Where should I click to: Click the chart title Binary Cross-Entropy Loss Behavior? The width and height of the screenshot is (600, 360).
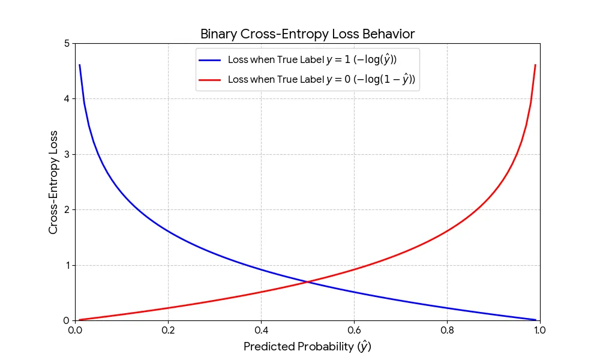point(307,34)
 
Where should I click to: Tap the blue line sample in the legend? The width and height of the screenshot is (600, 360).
point(211,60)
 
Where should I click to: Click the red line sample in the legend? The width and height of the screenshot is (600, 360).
point(211,79)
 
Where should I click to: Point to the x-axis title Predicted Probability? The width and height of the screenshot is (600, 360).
point(307,347)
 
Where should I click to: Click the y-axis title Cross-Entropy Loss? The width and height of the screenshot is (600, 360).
point(53,182)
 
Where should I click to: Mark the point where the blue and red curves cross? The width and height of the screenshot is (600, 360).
point(307,282)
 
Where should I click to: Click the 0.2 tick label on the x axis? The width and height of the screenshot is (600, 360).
point(168,330)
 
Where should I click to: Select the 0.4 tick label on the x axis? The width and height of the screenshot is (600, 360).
point(261,330)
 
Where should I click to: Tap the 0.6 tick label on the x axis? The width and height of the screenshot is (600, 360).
point(354,330)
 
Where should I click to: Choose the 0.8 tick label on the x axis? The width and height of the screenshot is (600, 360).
point(447,330)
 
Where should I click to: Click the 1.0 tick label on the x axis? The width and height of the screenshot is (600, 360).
point(539,330)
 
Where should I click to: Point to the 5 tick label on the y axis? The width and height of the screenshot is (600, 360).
point(66,44)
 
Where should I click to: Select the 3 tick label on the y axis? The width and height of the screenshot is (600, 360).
point(66,155)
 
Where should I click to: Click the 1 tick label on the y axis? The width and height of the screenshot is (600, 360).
point(66,266)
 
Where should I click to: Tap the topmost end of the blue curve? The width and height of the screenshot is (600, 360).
point(80,65)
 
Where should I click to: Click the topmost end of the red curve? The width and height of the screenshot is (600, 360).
point(535,65)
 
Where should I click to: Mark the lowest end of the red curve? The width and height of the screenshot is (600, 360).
point(80,320)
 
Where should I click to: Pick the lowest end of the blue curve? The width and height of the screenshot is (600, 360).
point(535,320)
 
